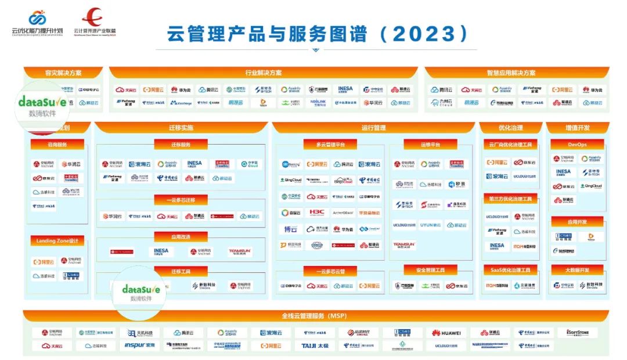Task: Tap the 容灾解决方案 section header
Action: (x=63, y=73)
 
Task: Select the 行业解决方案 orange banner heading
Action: (x=263, y=73)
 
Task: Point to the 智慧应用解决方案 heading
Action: (x=511, y=73)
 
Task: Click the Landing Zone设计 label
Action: (x=57, y=241)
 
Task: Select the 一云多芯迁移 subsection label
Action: (x=181, y=200)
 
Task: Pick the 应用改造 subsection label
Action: (x=181, y=237)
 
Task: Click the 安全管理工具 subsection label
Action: (x=430, y=270)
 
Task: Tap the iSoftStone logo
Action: (x=577, y=333)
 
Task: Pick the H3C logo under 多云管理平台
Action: (x=316, y=213)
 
